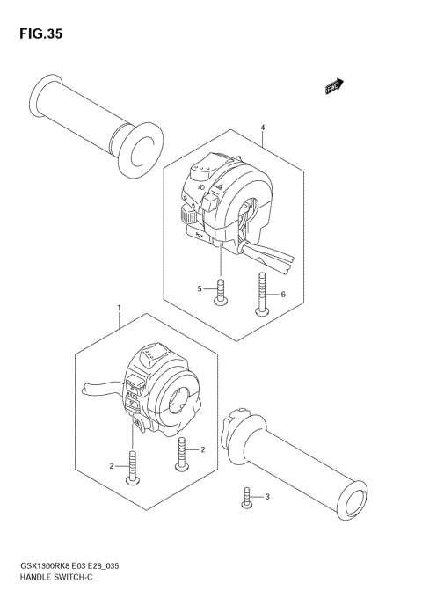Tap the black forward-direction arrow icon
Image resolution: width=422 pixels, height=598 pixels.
(335, 86)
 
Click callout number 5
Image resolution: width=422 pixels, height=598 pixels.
(200, 288)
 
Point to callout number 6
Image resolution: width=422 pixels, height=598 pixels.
(283, 295)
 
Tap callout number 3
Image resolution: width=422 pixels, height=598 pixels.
(268, 499)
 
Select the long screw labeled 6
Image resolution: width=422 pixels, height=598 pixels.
(262, 294)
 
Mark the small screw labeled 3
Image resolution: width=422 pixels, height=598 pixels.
(247, 499)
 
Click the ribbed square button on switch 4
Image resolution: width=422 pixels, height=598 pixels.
(188, 212)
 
